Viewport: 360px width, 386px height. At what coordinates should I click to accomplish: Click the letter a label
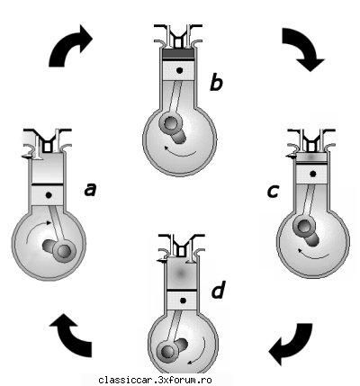coord(91,190)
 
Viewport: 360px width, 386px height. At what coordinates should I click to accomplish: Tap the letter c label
coord(273,192)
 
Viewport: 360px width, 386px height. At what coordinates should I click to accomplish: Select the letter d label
coord(218,290)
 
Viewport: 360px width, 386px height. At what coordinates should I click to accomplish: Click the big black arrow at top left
coord(67,45)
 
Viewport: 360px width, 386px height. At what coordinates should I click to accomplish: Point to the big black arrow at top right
coord(301,48)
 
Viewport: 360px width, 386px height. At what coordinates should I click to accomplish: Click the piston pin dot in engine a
coord(49,195)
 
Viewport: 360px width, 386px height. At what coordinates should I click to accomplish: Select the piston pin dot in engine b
coord(180,71)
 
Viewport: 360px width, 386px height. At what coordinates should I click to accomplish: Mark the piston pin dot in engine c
coord(313,174)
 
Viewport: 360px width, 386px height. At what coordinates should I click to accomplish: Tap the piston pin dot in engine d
coord(184,301)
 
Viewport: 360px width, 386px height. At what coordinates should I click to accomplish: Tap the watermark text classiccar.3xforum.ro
coord(155,380)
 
